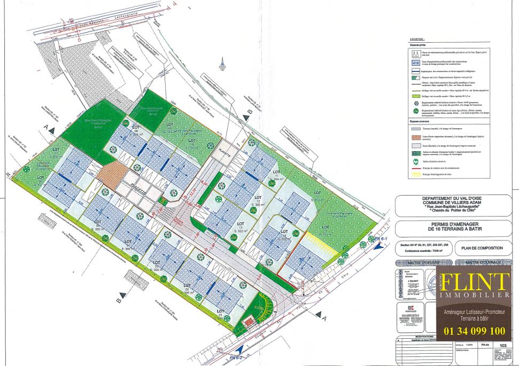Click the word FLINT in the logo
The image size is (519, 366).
474,281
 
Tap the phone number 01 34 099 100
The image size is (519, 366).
474,331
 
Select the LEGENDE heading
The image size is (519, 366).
417,39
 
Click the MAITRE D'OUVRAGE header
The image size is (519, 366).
482,263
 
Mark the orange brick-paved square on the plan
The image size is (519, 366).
112,175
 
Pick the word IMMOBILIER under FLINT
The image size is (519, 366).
474,295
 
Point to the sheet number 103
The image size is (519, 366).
502,346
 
